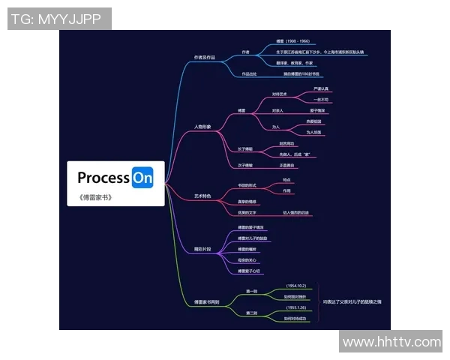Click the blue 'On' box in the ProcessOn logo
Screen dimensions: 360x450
coord(142,178)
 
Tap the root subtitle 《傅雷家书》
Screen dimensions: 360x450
coord(94,198)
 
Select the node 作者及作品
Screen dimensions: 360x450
coord(205,57)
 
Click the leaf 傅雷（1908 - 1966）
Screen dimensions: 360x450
coord(292,41)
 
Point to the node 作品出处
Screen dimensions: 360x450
coord(249,74)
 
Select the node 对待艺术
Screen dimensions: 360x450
coord(279,94)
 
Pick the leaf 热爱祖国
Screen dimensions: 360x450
coord(314,121)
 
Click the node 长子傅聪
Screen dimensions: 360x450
coord(245,148)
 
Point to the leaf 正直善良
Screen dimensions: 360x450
coord(287,164)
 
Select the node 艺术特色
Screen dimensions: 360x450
coord(202,195)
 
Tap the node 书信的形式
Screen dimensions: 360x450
coord(247,184)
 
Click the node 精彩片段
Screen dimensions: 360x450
coord(203,247)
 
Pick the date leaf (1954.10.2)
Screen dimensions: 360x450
coord(296,286)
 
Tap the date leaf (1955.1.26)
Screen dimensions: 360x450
coord(296,307)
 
